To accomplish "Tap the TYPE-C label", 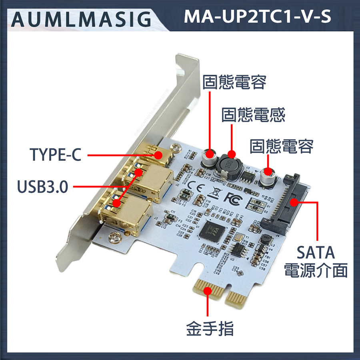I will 56,155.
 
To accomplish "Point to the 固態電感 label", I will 253,115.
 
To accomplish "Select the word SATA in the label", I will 315,253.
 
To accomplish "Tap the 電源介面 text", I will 315,271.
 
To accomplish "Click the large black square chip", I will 212,232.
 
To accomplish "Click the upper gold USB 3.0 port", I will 149,180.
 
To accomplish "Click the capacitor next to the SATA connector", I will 267,176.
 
